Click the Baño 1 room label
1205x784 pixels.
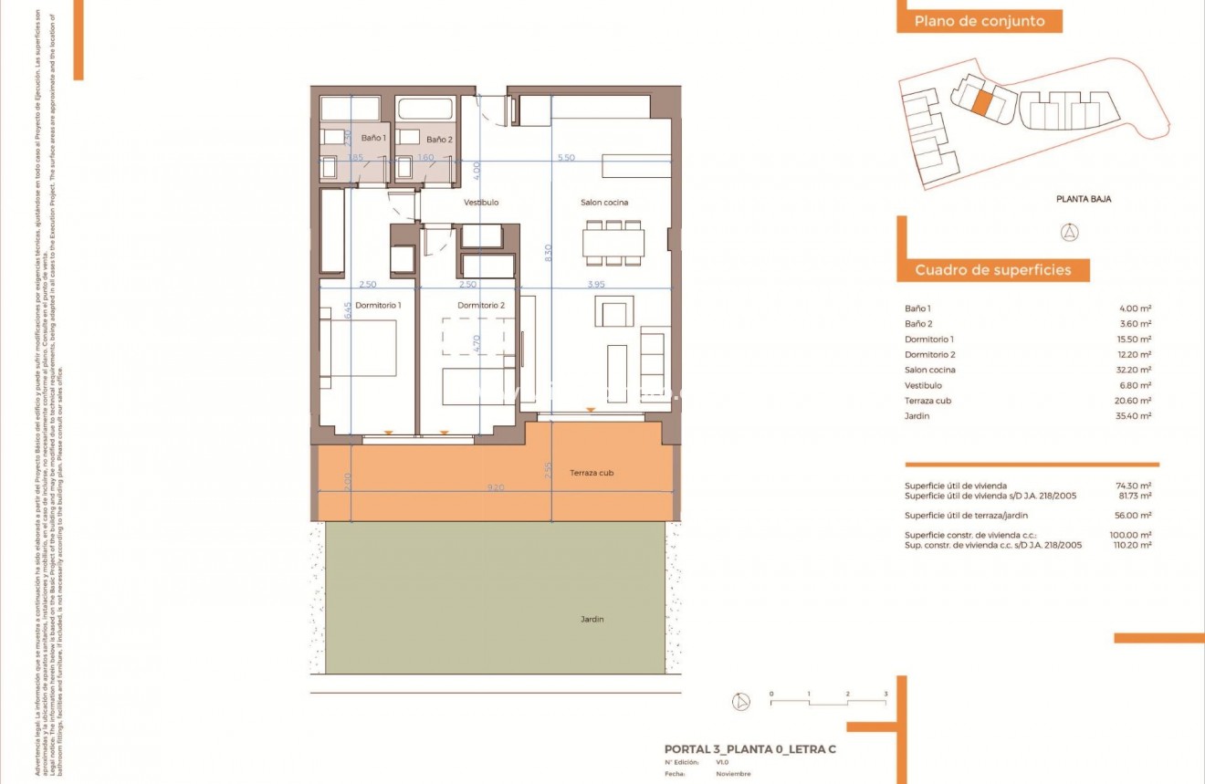coord(373,139)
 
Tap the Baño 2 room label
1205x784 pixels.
coord(438,140)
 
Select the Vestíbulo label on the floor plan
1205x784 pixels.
coord(481,203)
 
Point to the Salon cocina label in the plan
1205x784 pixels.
coord(604,203)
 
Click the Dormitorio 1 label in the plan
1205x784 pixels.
coord(378,305)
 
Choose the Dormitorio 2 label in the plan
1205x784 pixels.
coord(480,305)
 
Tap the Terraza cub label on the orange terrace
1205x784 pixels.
coord(592,473)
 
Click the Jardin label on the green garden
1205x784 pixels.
coord(592,619)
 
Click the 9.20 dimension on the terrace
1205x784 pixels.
coord(496,487)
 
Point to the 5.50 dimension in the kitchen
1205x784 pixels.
coord(566,158)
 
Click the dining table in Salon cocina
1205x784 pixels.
coord(613,243)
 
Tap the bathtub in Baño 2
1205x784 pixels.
coord(425,109)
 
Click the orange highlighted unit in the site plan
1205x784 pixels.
coord(980,100)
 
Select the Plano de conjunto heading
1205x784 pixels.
coord(980,22)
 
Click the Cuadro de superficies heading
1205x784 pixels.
coord(992,270)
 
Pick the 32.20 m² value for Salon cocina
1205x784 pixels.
coord(1133,370)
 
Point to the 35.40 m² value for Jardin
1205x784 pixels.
coord(1133,416)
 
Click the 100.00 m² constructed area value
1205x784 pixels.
coord(1132,535)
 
